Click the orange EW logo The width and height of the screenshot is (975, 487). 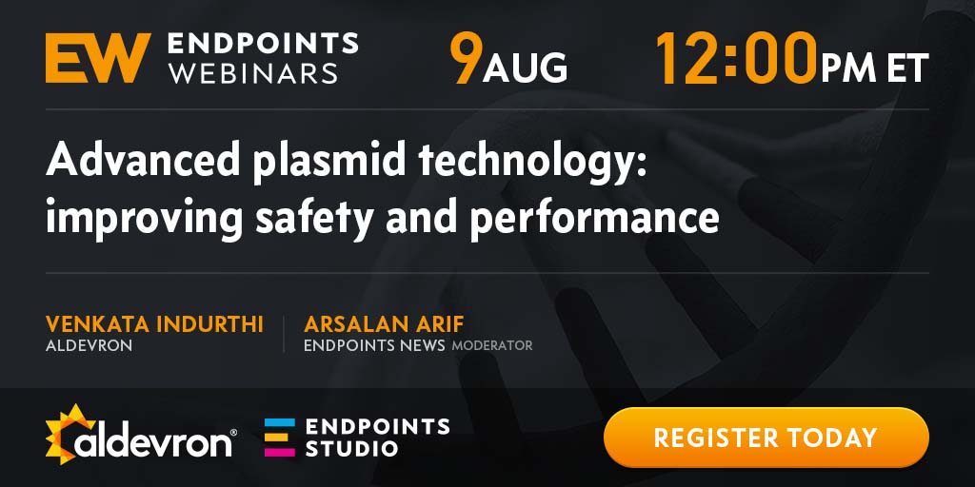coord(98,58)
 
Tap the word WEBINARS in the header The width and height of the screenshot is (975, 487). coord(253,72)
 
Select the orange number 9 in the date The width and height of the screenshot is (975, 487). coord(466,58)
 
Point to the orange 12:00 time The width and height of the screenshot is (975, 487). coord(736,58)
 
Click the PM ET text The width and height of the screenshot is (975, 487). coord(874,68)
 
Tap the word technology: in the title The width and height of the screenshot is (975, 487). coord(532,162)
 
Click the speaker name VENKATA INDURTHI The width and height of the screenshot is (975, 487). coord(154,324)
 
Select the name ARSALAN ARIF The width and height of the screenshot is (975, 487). coord(384,324)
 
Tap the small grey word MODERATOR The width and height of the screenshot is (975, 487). coord(492,346)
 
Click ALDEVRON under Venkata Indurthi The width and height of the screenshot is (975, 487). coord(89,346)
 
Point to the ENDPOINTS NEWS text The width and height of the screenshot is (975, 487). coord(374,346)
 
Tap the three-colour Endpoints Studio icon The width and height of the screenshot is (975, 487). coord(280,438)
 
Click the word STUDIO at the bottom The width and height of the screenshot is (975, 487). coord(351,448)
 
